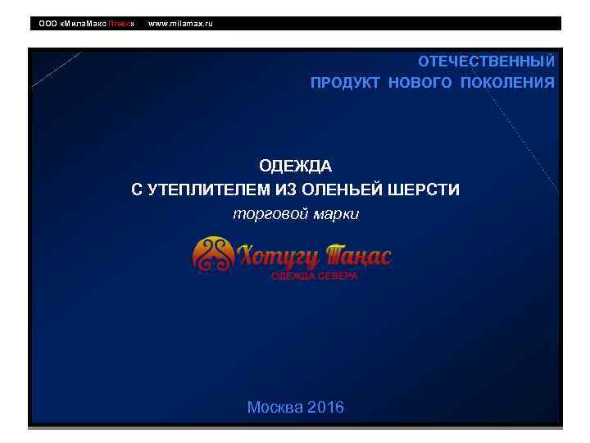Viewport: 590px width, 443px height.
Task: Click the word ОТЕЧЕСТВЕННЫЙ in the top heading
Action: [x=486, y=62]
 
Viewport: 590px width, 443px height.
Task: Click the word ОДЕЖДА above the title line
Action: [x=296, y=167]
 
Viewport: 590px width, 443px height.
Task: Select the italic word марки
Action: [x=337, y=214]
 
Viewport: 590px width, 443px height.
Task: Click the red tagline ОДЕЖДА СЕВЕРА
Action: [x=315, y=276]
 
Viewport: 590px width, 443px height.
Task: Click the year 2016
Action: [x=325, y=408]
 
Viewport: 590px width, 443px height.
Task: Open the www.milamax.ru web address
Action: [x=180, y=24]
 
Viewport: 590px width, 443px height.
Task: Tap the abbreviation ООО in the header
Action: [x=48, y=24]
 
